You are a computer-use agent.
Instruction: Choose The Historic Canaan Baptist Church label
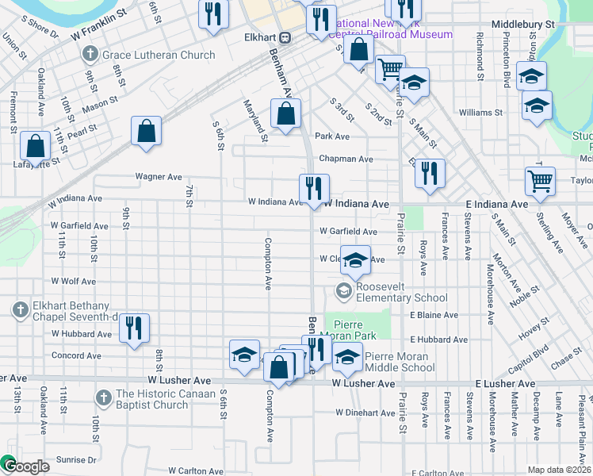point(151,399)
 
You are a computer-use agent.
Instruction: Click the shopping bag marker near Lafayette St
point(35,146)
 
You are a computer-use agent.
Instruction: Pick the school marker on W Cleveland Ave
point(356,259)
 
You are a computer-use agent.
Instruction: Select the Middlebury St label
point(522,25)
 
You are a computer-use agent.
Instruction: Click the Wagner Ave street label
point(159,177)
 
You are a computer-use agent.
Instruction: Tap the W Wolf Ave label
point(74,281)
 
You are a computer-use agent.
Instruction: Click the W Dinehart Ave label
point(365,413)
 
